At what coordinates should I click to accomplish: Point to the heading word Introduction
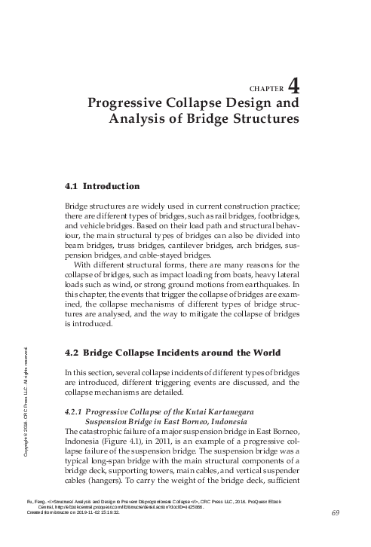[x=110, y=185]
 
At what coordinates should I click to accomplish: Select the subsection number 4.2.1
[x=73, y=410]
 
